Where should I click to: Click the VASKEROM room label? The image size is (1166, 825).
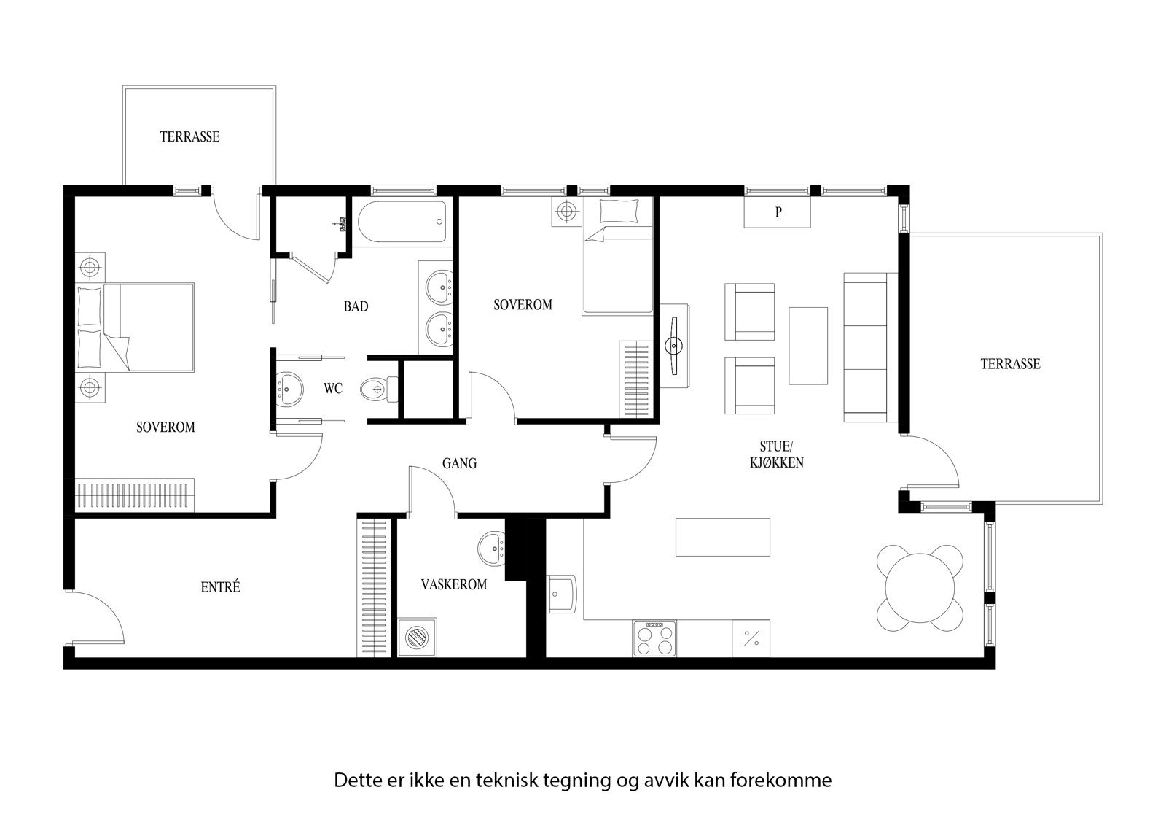click(453, 584)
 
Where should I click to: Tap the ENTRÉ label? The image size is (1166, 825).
click(220, 586)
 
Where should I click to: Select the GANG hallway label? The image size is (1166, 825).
click(459, 463)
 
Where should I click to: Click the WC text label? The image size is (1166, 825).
click(333, 389)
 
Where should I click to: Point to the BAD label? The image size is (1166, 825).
click(356, 307)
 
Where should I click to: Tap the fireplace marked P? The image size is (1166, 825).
click(778, 213)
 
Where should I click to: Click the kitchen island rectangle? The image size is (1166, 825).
click(722, 536)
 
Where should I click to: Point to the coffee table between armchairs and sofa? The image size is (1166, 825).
click(807, 345)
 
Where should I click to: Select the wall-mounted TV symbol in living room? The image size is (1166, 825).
click(675, 345)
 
